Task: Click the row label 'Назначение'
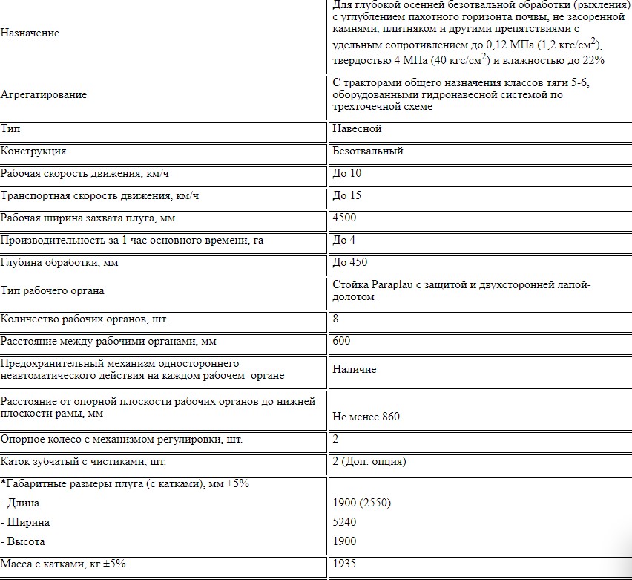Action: pos(30,33)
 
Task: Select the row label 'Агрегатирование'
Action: pos(44,95)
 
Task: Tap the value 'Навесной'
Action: pos(357,128)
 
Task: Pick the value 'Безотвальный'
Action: pos(368,151)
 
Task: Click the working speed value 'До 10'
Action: pos(347,174)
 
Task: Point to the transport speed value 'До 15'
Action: pos(347,196)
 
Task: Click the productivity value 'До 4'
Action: pos(344,240)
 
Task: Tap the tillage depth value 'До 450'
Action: pos(350,262)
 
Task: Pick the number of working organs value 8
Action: pos(336,319)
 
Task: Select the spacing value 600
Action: pos(342,341)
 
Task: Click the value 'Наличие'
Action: pos(355,369)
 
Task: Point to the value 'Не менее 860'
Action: pos(366,416)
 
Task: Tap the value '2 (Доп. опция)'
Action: pos(369,461)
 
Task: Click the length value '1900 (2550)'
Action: pos(362,503)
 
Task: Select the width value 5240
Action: pos(345,522)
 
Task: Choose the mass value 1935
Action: pos(345,564)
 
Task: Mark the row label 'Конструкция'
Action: pos(33,151)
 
